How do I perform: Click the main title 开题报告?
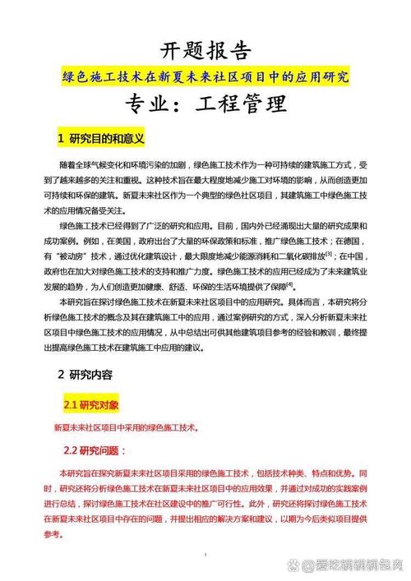(205, 51)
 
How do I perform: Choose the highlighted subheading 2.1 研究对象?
(91, 405)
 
